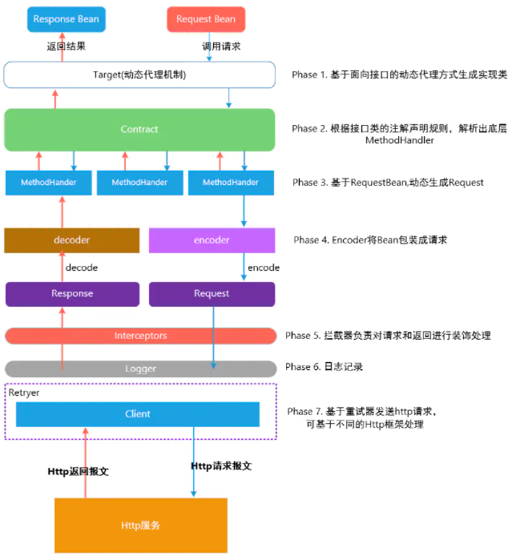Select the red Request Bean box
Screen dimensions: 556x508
click(206, 19)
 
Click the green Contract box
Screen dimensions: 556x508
click(139, 129)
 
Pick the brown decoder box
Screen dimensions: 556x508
click(71, 240)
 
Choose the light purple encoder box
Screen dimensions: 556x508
click(212, 240)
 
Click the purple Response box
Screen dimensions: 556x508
click(71, 293)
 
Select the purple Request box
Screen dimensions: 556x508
click(212, 293)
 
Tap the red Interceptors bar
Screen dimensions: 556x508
click(140, 335)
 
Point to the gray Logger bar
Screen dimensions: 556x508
click(140, 369)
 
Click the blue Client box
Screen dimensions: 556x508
click(138, 414)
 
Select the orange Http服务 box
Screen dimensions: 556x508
click(140, 525)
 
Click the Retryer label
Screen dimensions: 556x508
click(23, 393)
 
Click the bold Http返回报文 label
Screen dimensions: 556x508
click(77, 471)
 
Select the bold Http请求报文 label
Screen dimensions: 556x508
click(221, 465)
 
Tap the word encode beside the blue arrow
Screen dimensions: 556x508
click(263, 268)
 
